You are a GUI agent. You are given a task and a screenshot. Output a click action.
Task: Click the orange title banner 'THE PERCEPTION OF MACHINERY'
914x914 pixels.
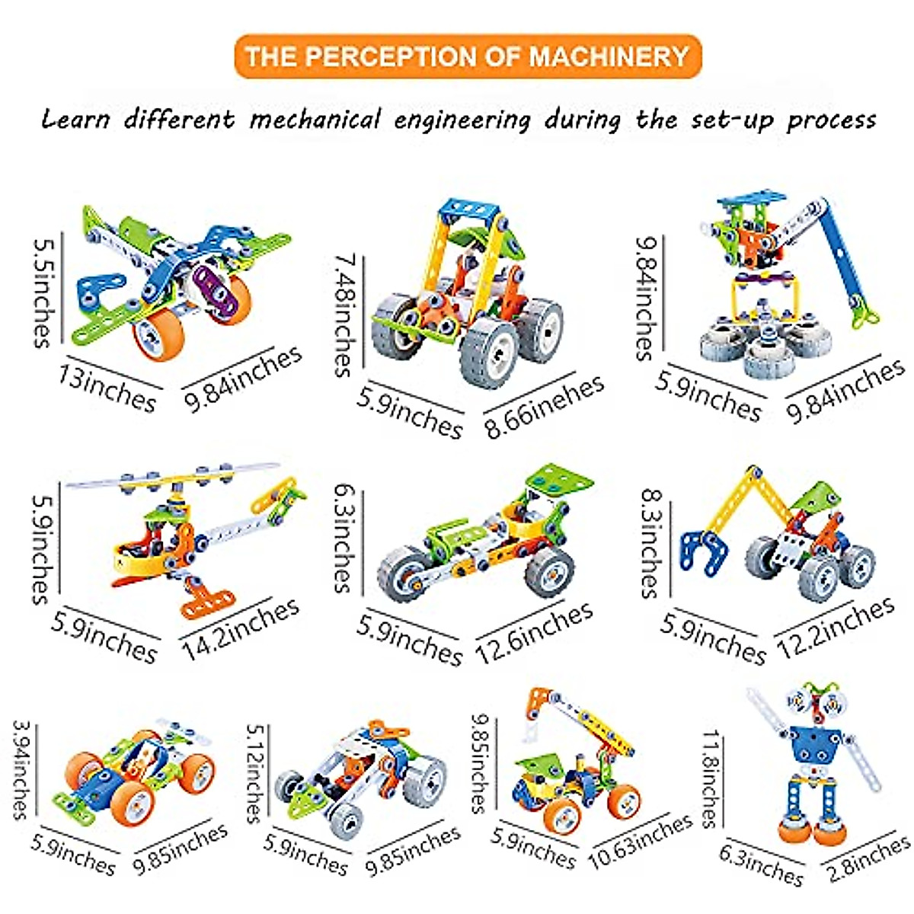click(x=467, y=56)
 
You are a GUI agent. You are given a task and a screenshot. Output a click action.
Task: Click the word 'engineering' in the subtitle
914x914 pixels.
click(x=462, y=120)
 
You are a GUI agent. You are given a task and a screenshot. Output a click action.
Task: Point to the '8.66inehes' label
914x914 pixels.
click(x=545, y=407)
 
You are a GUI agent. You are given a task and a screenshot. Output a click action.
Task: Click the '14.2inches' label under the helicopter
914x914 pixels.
click(x=241, y=629)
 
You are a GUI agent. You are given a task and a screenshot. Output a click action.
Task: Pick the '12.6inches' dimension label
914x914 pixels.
click(x=535, y=632)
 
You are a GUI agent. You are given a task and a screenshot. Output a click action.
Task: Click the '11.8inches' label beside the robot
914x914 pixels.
click(x=711, y=778)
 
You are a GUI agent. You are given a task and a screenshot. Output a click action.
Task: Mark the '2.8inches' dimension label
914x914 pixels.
click(x=868, y=858)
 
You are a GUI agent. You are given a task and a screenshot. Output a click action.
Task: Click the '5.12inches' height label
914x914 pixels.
click(x=255, y=773)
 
